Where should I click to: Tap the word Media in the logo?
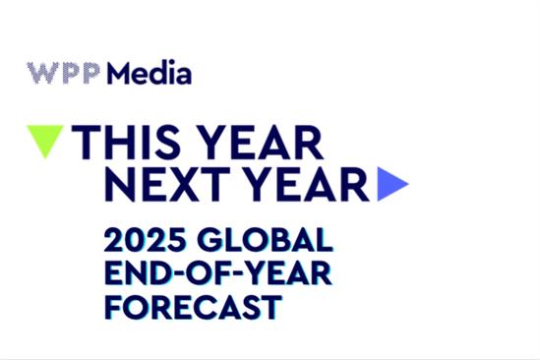point(150,74)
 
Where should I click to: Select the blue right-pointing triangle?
point(391,184)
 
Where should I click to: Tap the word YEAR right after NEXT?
point(304,184)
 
